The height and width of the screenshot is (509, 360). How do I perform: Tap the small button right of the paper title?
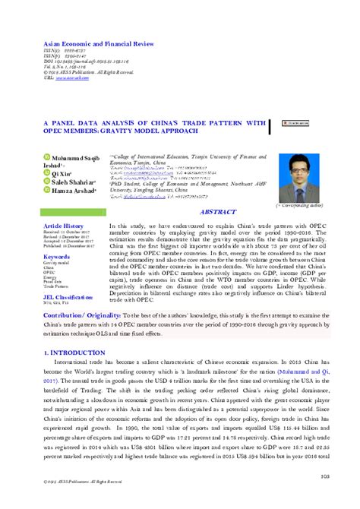click(x=294, y=122)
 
